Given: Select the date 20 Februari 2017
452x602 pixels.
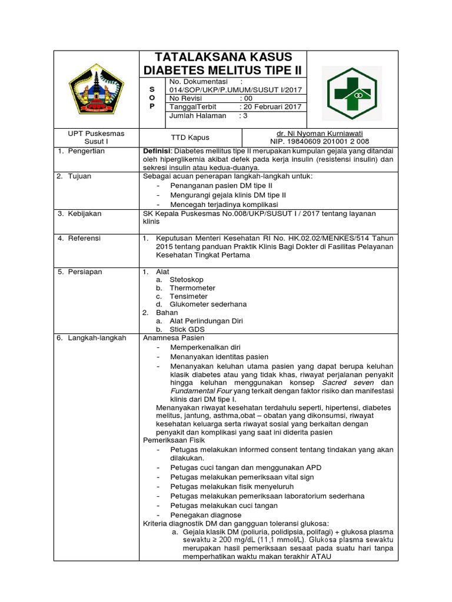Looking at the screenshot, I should click(274, 106).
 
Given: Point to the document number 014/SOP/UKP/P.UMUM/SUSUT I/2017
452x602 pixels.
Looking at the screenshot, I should click(235, 89).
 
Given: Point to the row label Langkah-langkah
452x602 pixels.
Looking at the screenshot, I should click(96, 338).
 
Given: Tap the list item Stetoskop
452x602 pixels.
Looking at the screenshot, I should click(187, 280).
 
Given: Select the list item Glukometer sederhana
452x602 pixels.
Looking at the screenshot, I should click(208, 305).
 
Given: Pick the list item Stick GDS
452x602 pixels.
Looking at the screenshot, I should click(187, 329).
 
